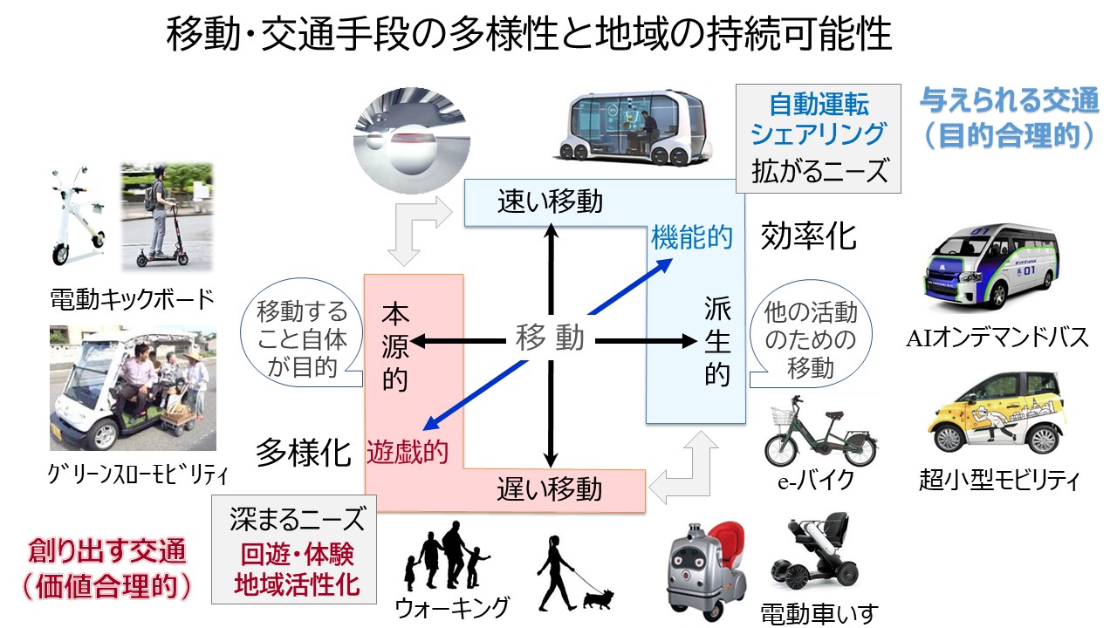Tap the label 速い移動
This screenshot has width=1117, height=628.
(x=550, y=202)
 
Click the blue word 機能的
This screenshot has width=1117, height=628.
(x=692, y=237)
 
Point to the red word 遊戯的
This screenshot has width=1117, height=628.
(x=408, y=451)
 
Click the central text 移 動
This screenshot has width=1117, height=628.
(x=550, y=338)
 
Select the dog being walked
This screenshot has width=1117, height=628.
(x=598, y=598)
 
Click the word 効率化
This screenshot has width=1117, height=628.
(x=808, y=235)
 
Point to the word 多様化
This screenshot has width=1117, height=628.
(x=303, y=454)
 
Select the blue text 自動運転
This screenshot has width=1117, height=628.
(x=819, y=106)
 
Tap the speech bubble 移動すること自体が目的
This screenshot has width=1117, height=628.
(x=302, y=339)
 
